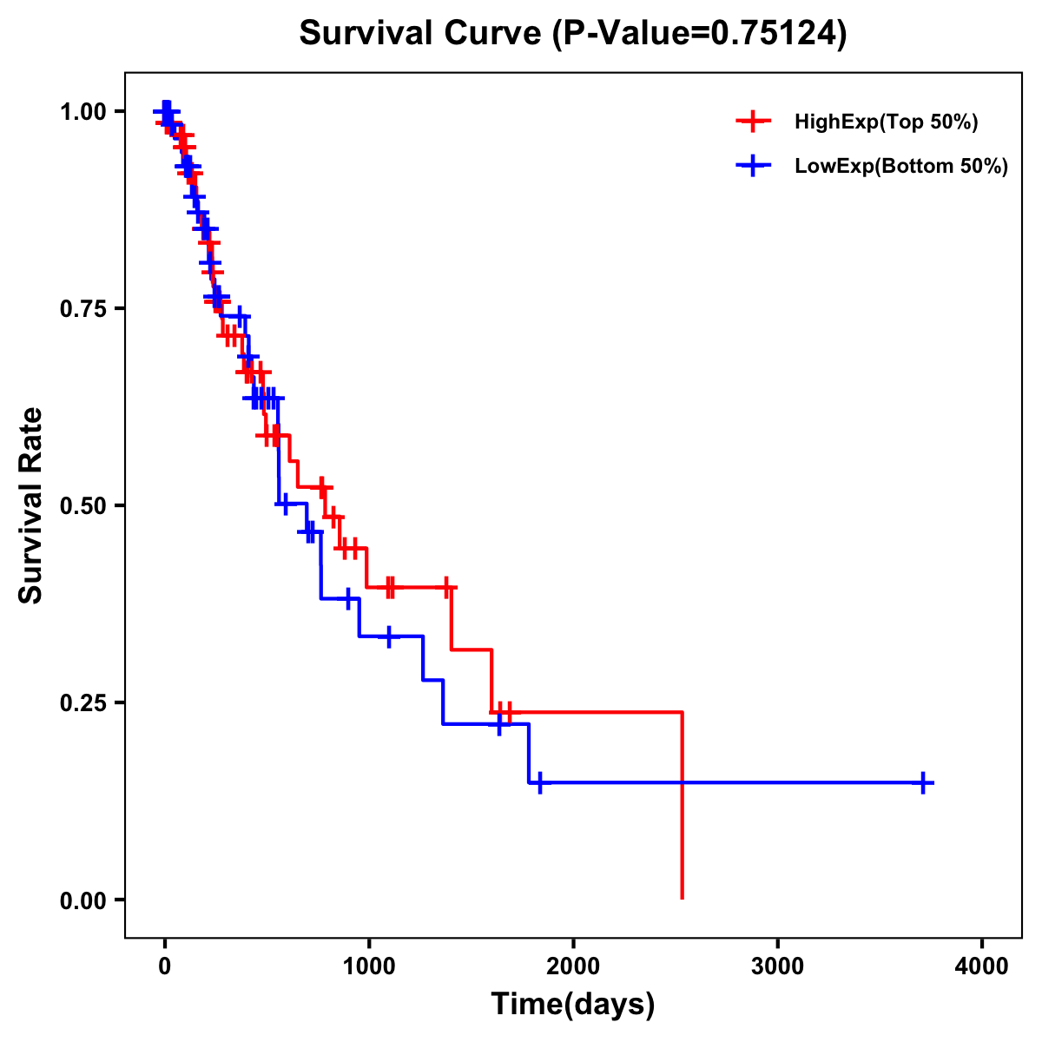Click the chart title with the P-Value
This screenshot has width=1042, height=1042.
572,34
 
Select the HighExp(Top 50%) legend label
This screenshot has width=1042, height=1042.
887,122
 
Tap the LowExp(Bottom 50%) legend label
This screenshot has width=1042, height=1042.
901,167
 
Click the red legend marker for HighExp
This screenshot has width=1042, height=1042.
753,122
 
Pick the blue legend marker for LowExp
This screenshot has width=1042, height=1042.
753,166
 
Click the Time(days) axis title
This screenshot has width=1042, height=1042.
573,1005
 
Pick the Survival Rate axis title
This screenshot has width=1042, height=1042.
32,505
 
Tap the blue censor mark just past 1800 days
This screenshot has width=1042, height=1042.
539,782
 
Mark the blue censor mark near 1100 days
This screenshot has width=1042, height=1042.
388,636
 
